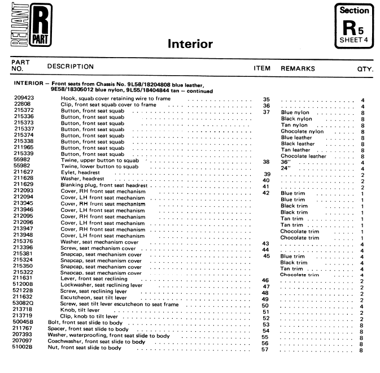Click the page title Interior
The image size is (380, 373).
tap(190, 44)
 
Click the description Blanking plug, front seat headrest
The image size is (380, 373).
tap(104, 186)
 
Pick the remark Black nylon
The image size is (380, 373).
tap(296, 119)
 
